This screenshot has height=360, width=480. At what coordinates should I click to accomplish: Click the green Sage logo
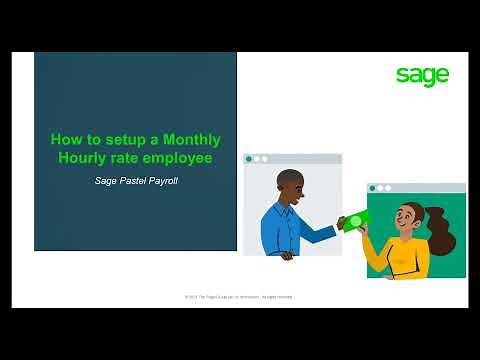[x=422, y=76]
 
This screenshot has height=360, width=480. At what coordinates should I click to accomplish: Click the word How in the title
[x=65, y=140]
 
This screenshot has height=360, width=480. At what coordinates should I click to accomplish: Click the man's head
[x=291, y=186]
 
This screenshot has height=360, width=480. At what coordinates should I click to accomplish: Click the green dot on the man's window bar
[x=248, y=159]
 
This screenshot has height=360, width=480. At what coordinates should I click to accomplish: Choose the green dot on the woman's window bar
[x=372, y=188]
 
